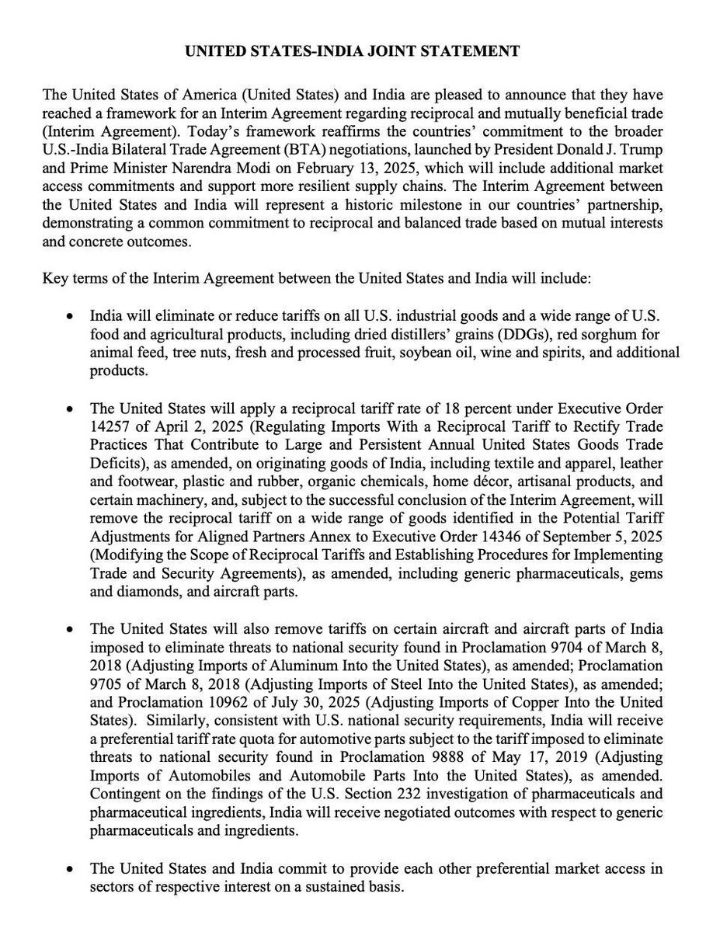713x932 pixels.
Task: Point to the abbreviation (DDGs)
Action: coord(524,336)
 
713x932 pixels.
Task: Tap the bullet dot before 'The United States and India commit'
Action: coord(71,870)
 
